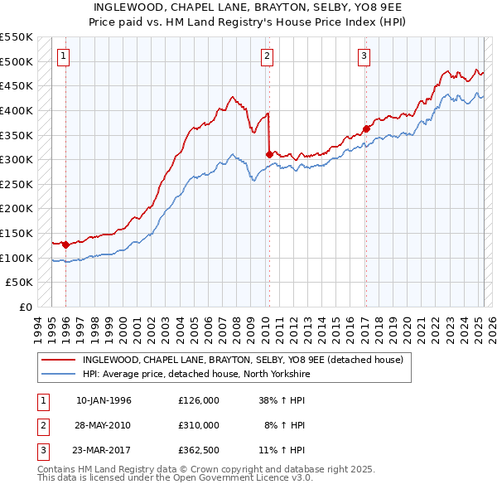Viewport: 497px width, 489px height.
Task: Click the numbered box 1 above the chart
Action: coord(65,56)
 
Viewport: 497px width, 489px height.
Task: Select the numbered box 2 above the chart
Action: coord(268,56)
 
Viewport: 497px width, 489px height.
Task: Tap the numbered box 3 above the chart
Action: coord(364,56)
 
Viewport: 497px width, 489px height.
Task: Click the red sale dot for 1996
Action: coord(65,245)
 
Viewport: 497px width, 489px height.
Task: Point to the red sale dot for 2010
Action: coord(269,154)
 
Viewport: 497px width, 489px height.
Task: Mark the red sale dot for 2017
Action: coord(365,128)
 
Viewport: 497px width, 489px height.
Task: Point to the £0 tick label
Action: coord(26,307)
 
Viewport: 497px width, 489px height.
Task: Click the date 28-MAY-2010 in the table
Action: coord(104,425)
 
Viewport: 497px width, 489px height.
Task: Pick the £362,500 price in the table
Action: coord(199,450)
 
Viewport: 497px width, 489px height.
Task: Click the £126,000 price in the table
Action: coord(199,400)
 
